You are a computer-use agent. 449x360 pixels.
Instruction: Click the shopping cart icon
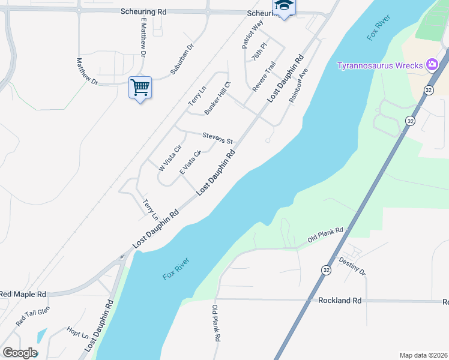point(140,88)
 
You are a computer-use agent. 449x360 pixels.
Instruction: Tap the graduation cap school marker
point(283,7)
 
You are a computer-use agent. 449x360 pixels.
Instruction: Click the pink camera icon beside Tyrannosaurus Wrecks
point(432,65)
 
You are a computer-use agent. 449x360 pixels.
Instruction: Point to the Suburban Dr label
point(182,59)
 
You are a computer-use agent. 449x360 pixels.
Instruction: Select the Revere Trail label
point(264,76)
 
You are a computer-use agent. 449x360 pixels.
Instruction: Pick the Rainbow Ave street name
point(298,85)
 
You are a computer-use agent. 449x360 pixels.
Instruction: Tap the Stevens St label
point(217,139)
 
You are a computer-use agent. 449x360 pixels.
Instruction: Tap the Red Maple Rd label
point(23,294)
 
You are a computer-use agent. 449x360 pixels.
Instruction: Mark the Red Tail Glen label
point(33,316)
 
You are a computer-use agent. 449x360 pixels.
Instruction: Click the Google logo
point(19,353)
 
